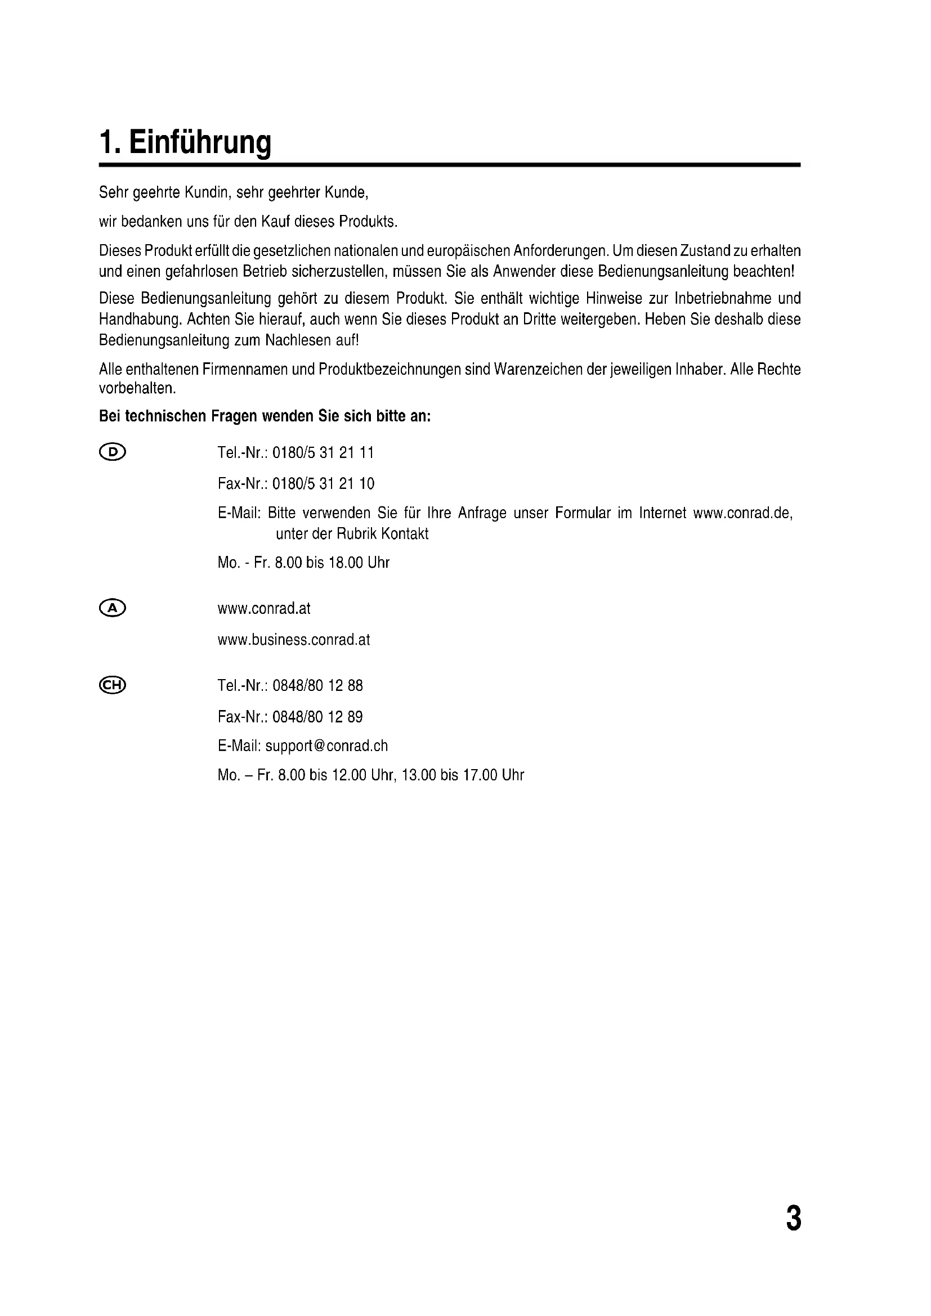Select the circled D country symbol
tap(113, 452)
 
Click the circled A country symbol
tap(113, 608)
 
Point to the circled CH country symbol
tap(113, 685)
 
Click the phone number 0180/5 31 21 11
tap(323, 453)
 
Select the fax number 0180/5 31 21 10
tap(323, 484)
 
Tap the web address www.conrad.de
tap(742, 513)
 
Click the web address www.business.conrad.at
tap(293, 640)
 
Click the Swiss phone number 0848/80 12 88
tap(317, 685)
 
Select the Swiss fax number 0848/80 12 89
tap(317, 716)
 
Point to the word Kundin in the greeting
tap(208, 192)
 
